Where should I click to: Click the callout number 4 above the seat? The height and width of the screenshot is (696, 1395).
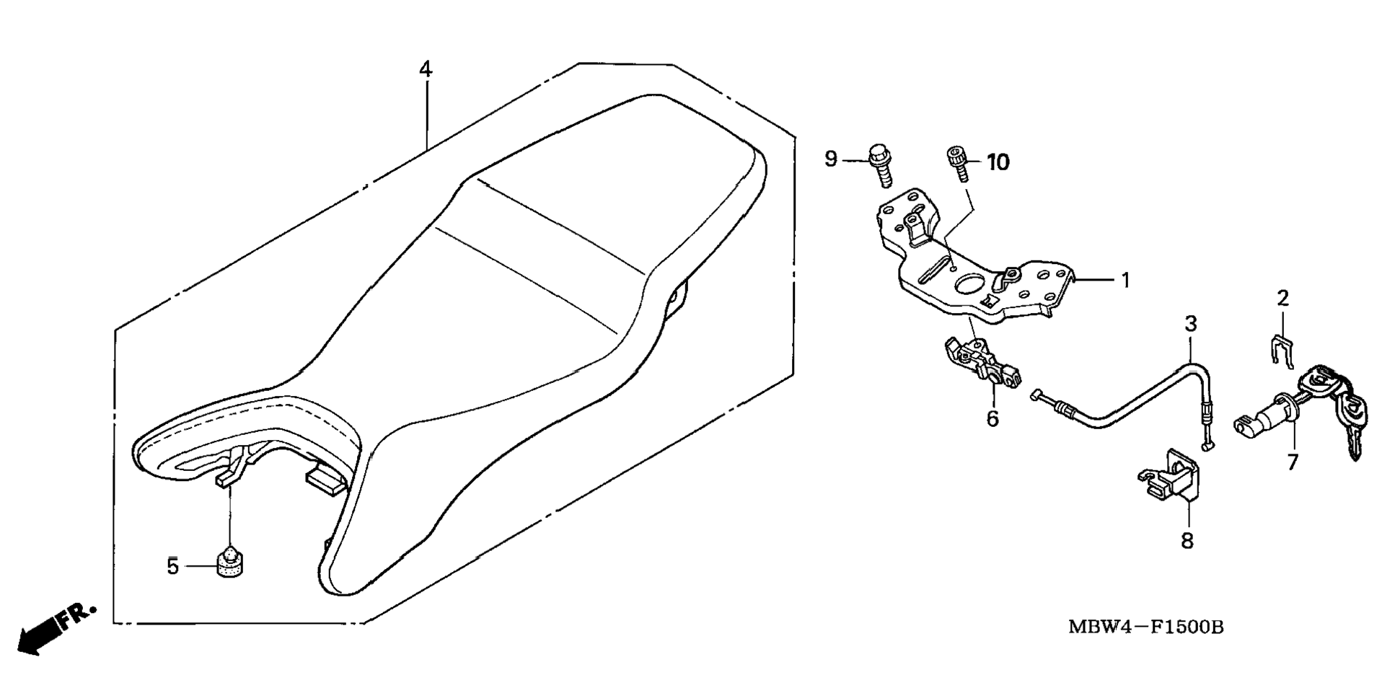(x=426, y=70)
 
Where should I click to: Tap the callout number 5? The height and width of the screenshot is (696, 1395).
(x=172, y=567)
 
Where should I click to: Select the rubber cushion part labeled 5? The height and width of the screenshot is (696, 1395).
(x=230, y=562)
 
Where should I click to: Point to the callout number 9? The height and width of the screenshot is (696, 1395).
(x=831, y=159)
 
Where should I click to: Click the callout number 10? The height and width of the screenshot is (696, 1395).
(x=998, y=163)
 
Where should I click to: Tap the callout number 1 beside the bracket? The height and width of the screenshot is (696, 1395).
(x=1125, y=280)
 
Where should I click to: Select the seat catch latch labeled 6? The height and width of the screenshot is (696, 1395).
(x=982, y=365)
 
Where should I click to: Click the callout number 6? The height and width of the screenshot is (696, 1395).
(x=993, y=418)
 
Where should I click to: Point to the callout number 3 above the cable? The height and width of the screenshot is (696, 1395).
(x=1191, y=324)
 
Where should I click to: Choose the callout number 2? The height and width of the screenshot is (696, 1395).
(x=1282, y=298)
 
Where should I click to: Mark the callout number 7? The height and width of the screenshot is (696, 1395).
(x=1292, y=462)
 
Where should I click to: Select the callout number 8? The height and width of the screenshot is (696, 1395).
(x=1187, y=540)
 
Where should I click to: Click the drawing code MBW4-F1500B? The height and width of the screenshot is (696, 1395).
(x=1145, y=627)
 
